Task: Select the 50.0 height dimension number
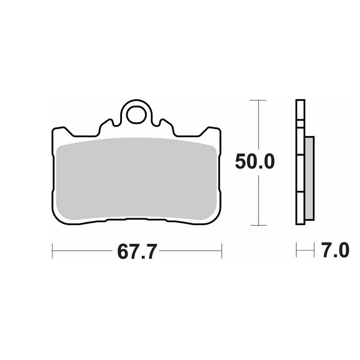tap(255, 161)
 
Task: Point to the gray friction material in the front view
tap(136, 179)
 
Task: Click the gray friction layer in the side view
tap(309, 179)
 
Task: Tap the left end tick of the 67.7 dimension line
tap(52, 251)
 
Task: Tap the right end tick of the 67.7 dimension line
tap(222, 251)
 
